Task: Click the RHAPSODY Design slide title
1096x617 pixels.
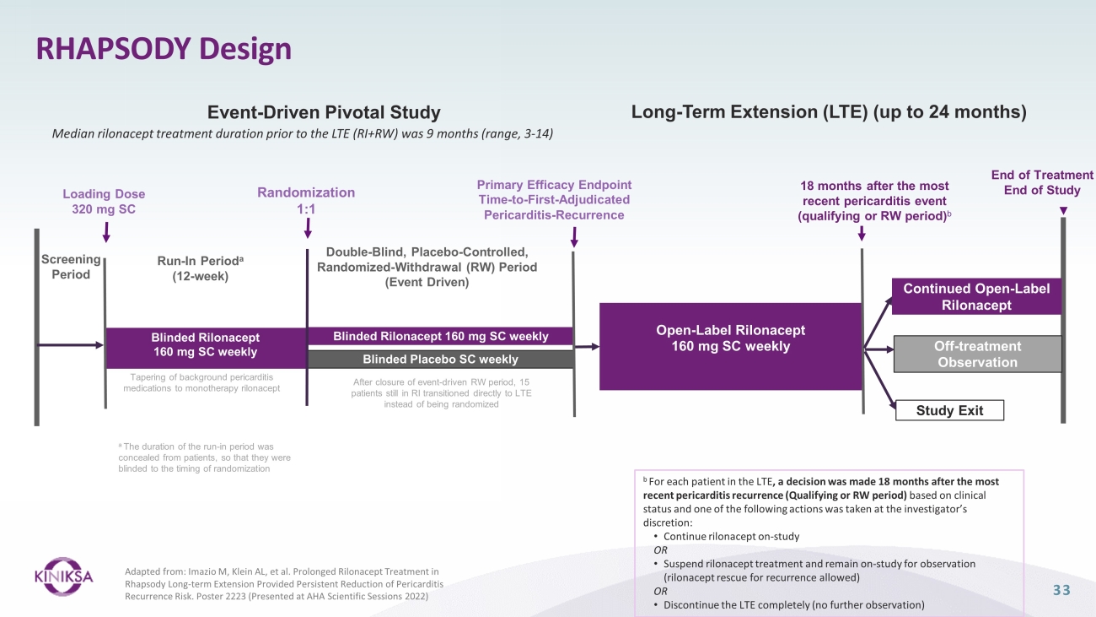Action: click(164, 49)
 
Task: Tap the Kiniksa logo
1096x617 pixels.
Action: click(63, 576)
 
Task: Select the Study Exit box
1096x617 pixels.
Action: click(949, 410)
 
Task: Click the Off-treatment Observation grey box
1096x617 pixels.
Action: click(978, 354)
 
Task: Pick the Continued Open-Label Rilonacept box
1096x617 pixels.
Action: click(976, 296)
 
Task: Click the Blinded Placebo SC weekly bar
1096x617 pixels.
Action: click(440, 360)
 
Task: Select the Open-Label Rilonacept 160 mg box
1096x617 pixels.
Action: click(730, 346)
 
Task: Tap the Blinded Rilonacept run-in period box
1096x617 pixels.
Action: click(206, 348)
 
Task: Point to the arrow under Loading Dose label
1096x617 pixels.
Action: click(106, 232)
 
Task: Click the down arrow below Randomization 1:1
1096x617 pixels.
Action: click(307, 228)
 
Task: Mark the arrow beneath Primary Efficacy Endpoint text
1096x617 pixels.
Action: click(574, 237)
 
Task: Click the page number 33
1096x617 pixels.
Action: click(1061, 590)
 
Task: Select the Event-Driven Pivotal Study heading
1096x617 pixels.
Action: click(324, 112)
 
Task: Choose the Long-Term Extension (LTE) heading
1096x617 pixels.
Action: click(829, 112)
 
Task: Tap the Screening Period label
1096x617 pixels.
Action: click(71, 267)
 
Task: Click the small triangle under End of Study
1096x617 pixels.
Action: click(1063, 210)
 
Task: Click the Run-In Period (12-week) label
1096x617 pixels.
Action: click(200, 268)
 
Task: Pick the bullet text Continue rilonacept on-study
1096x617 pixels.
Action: click(731, 536)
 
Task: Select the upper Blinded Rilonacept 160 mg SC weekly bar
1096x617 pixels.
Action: click(440, 337)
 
